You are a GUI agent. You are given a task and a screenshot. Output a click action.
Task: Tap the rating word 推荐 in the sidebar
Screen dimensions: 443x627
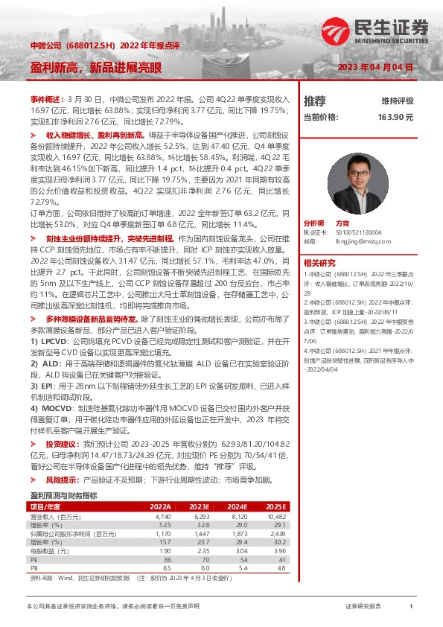[315, 101]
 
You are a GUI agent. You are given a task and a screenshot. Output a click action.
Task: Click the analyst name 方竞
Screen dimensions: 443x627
[343, 223]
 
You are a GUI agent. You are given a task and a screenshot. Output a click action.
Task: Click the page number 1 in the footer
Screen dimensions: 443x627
[410, 607]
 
